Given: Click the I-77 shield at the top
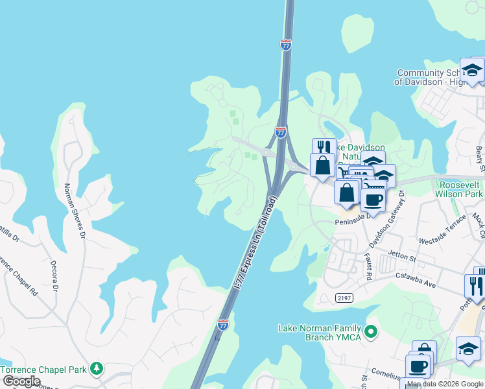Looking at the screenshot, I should [x=287, y=45].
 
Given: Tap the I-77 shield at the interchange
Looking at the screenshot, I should [x=280, y=132].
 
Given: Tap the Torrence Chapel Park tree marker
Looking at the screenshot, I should [x=97, y=369].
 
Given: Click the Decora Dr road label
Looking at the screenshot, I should [x=54, y=277].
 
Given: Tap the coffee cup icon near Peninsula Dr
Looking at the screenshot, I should [x=372, y=200].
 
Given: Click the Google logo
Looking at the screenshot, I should [x=21, y=381].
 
